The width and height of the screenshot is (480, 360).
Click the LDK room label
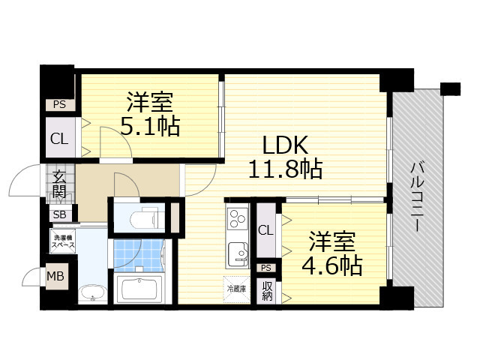coord(284,145)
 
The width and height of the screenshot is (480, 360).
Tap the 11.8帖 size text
coord(285,169)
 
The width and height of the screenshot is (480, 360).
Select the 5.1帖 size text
coord(151,125)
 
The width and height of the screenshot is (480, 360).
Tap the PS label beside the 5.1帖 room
coord(59,105)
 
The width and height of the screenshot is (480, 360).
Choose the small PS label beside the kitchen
coord(266,268)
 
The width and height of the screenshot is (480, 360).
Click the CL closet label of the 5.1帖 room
coord(59,138)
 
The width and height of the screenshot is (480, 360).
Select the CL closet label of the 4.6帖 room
coord(266,231)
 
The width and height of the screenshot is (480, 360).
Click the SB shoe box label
coord(59,214)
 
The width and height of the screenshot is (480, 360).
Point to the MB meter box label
coord(56,276)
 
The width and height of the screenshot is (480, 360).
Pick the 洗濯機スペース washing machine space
coord(63,242)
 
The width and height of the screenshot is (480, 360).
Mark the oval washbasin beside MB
coord(91,295)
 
